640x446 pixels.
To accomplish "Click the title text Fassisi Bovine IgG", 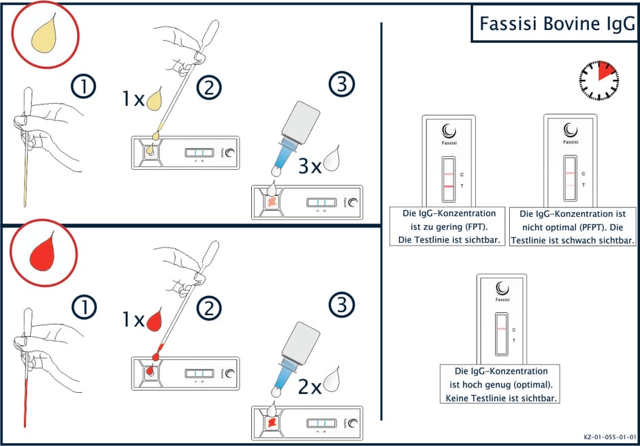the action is coord(557,24).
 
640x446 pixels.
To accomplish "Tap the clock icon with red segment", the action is coord(598,80).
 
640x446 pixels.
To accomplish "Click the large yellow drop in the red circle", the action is coord(44,33).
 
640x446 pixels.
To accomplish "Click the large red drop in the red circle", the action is coord(42,251).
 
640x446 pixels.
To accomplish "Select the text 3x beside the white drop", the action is coord(310,167).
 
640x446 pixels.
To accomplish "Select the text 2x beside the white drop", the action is coord(310,387).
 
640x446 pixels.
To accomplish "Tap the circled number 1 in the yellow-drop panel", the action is coord(83,87).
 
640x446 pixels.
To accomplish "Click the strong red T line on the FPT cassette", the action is coord(448,186).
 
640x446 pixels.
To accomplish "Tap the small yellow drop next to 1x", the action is coord(155,98).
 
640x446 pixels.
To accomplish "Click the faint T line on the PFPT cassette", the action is coord(570,185).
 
